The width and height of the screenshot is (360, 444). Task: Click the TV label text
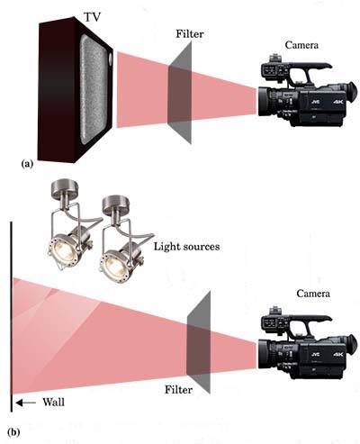click(92, 17)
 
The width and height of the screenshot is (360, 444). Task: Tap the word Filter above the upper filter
click(190, 34)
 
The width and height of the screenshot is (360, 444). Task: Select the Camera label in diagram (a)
click(301, 45)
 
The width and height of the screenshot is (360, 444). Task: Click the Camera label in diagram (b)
click(313, 294)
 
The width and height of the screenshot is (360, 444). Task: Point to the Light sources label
click(186, 247)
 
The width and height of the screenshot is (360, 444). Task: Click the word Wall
click(54, 402)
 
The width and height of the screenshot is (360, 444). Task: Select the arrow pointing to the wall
click(25, 403)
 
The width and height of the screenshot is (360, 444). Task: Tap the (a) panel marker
click(27, 164)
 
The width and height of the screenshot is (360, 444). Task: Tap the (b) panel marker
click(14, 432)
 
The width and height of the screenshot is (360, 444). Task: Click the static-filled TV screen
click(94, 89)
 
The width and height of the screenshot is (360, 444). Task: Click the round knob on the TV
click(111, 59)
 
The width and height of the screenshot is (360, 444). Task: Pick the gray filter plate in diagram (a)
click(179, 93)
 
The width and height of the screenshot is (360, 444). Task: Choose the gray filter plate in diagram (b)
click(198, 342)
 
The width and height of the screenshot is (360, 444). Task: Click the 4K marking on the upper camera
click(337, 102)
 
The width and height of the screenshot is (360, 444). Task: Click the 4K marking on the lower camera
click(337, 355)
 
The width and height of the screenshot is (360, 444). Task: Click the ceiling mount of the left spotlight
click(65, 186)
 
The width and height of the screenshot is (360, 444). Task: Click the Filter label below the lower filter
click(178, 390)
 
